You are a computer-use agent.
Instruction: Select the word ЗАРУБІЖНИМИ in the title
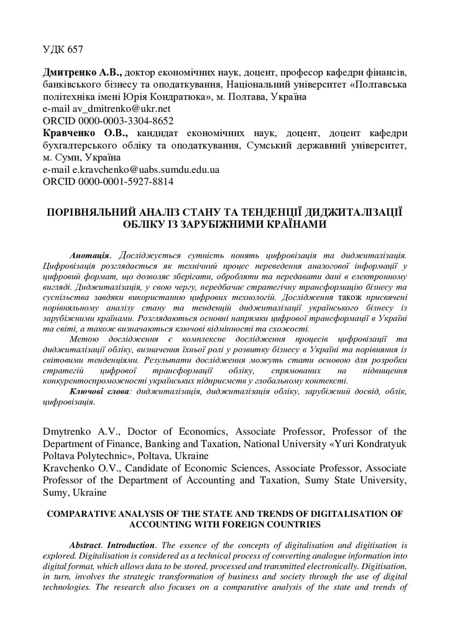[x=252, y=224]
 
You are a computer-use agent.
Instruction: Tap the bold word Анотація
[x=91, y=254]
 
